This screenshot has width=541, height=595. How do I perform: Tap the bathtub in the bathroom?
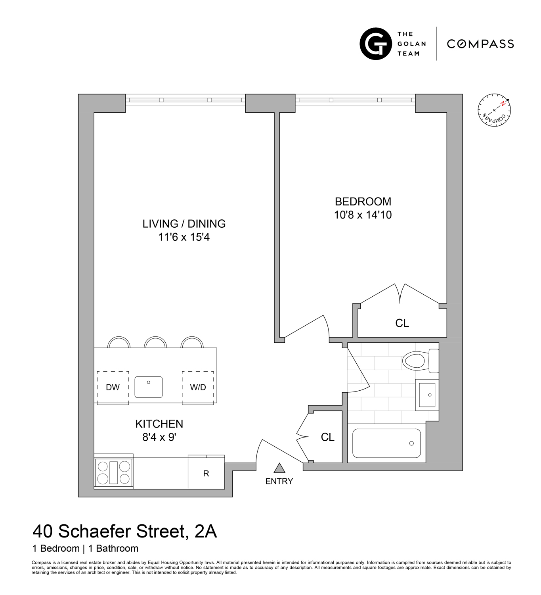pyautogui.click(x=386, y=443)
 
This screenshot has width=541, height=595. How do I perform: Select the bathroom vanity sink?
pyautogui.click(x=427, y=395)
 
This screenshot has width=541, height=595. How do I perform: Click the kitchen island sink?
pyautogui.click(x=149, y=387)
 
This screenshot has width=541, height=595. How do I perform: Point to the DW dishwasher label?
pyautogui.click(x=113, y=388)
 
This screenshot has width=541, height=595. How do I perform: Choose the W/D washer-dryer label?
pyautogui.click(x=198, y=388)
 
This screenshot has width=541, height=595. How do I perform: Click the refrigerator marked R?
pyautogui.click(x=206, y=473)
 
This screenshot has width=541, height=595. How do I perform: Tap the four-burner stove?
pyautogui.click(x=114, y=472)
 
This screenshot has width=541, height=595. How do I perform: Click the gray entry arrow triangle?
pyautogui.click(x=279, y=468)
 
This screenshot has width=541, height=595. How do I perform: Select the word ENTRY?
pyautogui.click(x=279, y=481)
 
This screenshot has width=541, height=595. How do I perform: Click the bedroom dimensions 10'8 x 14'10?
pyautogui.click(x=363, y=215)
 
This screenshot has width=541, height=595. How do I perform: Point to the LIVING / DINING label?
pyautogui.click(x=184, y=224)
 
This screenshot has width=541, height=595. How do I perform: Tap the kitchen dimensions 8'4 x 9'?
pyautogui.click(x=159, y=437)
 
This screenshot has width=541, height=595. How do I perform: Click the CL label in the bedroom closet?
pyautogui.click(x=402, y=323)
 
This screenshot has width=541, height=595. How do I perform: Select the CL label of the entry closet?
pyautogui.click(x=327, y=437)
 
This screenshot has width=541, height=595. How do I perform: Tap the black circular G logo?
pyautogui.click(x=376, y=44)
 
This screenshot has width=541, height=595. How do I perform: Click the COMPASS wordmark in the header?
pyautogui.click(x=480, y=44)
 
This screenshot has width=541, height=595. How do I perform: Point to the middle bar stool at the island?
pyautogui.click(x=155, y=342)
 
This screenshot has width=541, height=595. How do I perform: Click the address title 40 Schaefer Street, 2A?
pyautogui.click(x=125, y=531)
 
